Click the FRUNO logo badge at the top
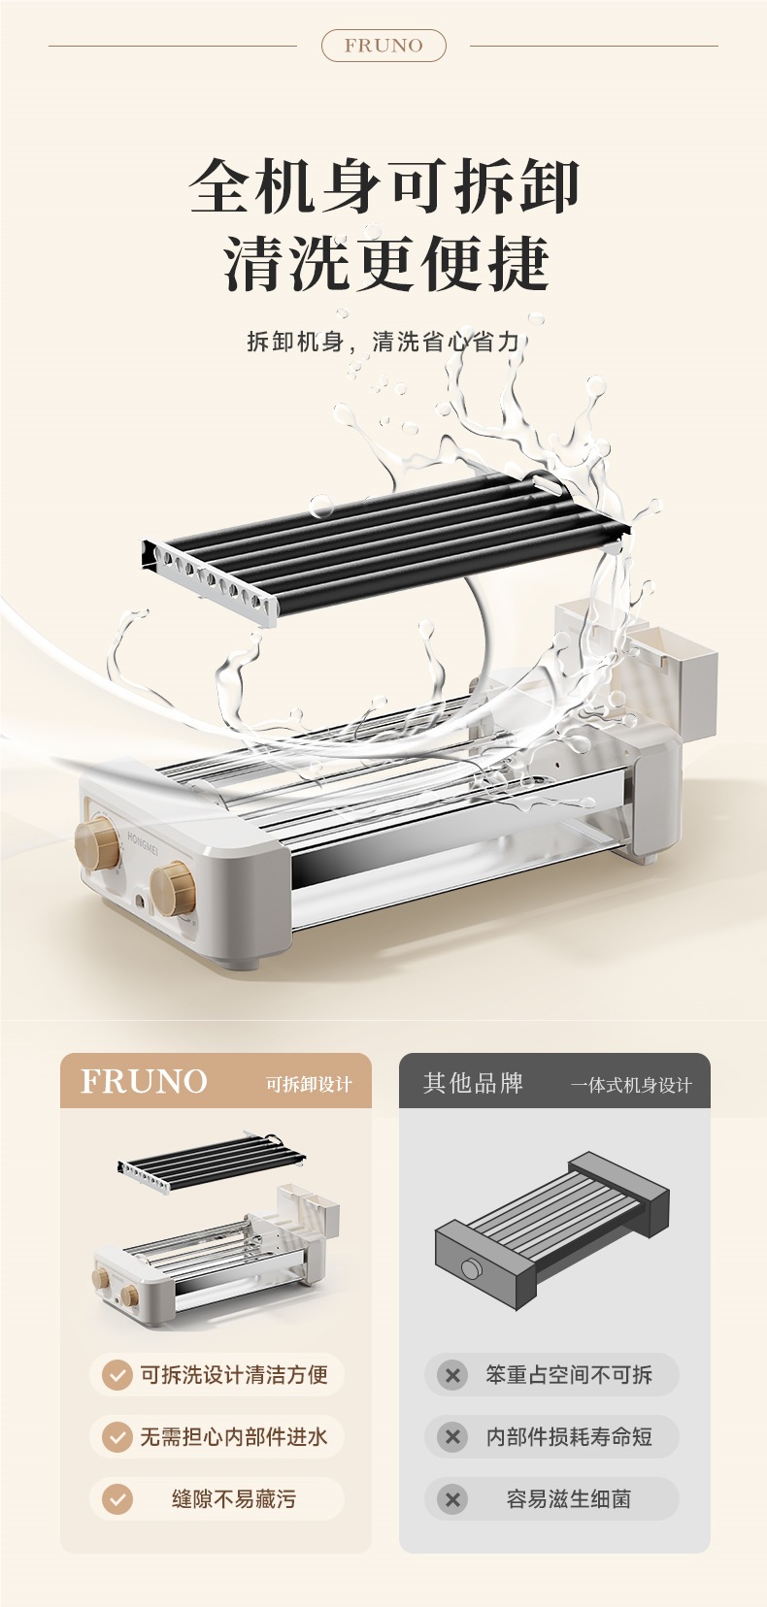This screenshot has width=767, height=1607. point(383,46)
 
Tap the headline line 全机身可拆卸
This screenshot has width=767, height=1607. point(384,186)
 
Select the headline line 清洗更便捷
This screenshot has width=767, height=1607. point(386,264)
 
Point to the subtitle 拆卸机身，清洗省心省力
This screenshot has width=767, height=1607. point(383,342)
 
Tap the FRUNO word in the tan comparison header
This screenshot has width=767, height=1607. point(144,1081)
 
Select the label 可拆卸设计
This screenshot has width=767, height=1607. point(309,1085)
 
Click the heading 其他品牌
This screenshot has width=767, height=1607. point(473,1083)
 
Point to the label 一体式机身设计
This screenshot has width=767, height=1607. point(631,1086)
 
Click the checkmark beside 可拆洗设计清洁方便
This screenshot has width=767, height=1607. point(117,1375)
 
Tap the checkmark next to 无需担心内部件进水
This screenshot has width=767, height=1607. point(117,1437)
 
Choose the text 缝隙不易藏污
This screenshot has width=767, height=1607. point(234,1499)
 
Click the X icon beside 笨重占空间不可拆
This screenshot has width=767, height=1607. point(452,1375)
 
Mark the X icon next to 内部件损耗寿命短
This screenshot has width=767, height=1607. point(452,1437)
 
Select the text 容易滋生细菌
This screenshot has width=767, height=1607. point(569,1499)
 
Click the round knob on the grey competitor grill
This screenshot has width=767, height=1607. point(471,1268)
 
